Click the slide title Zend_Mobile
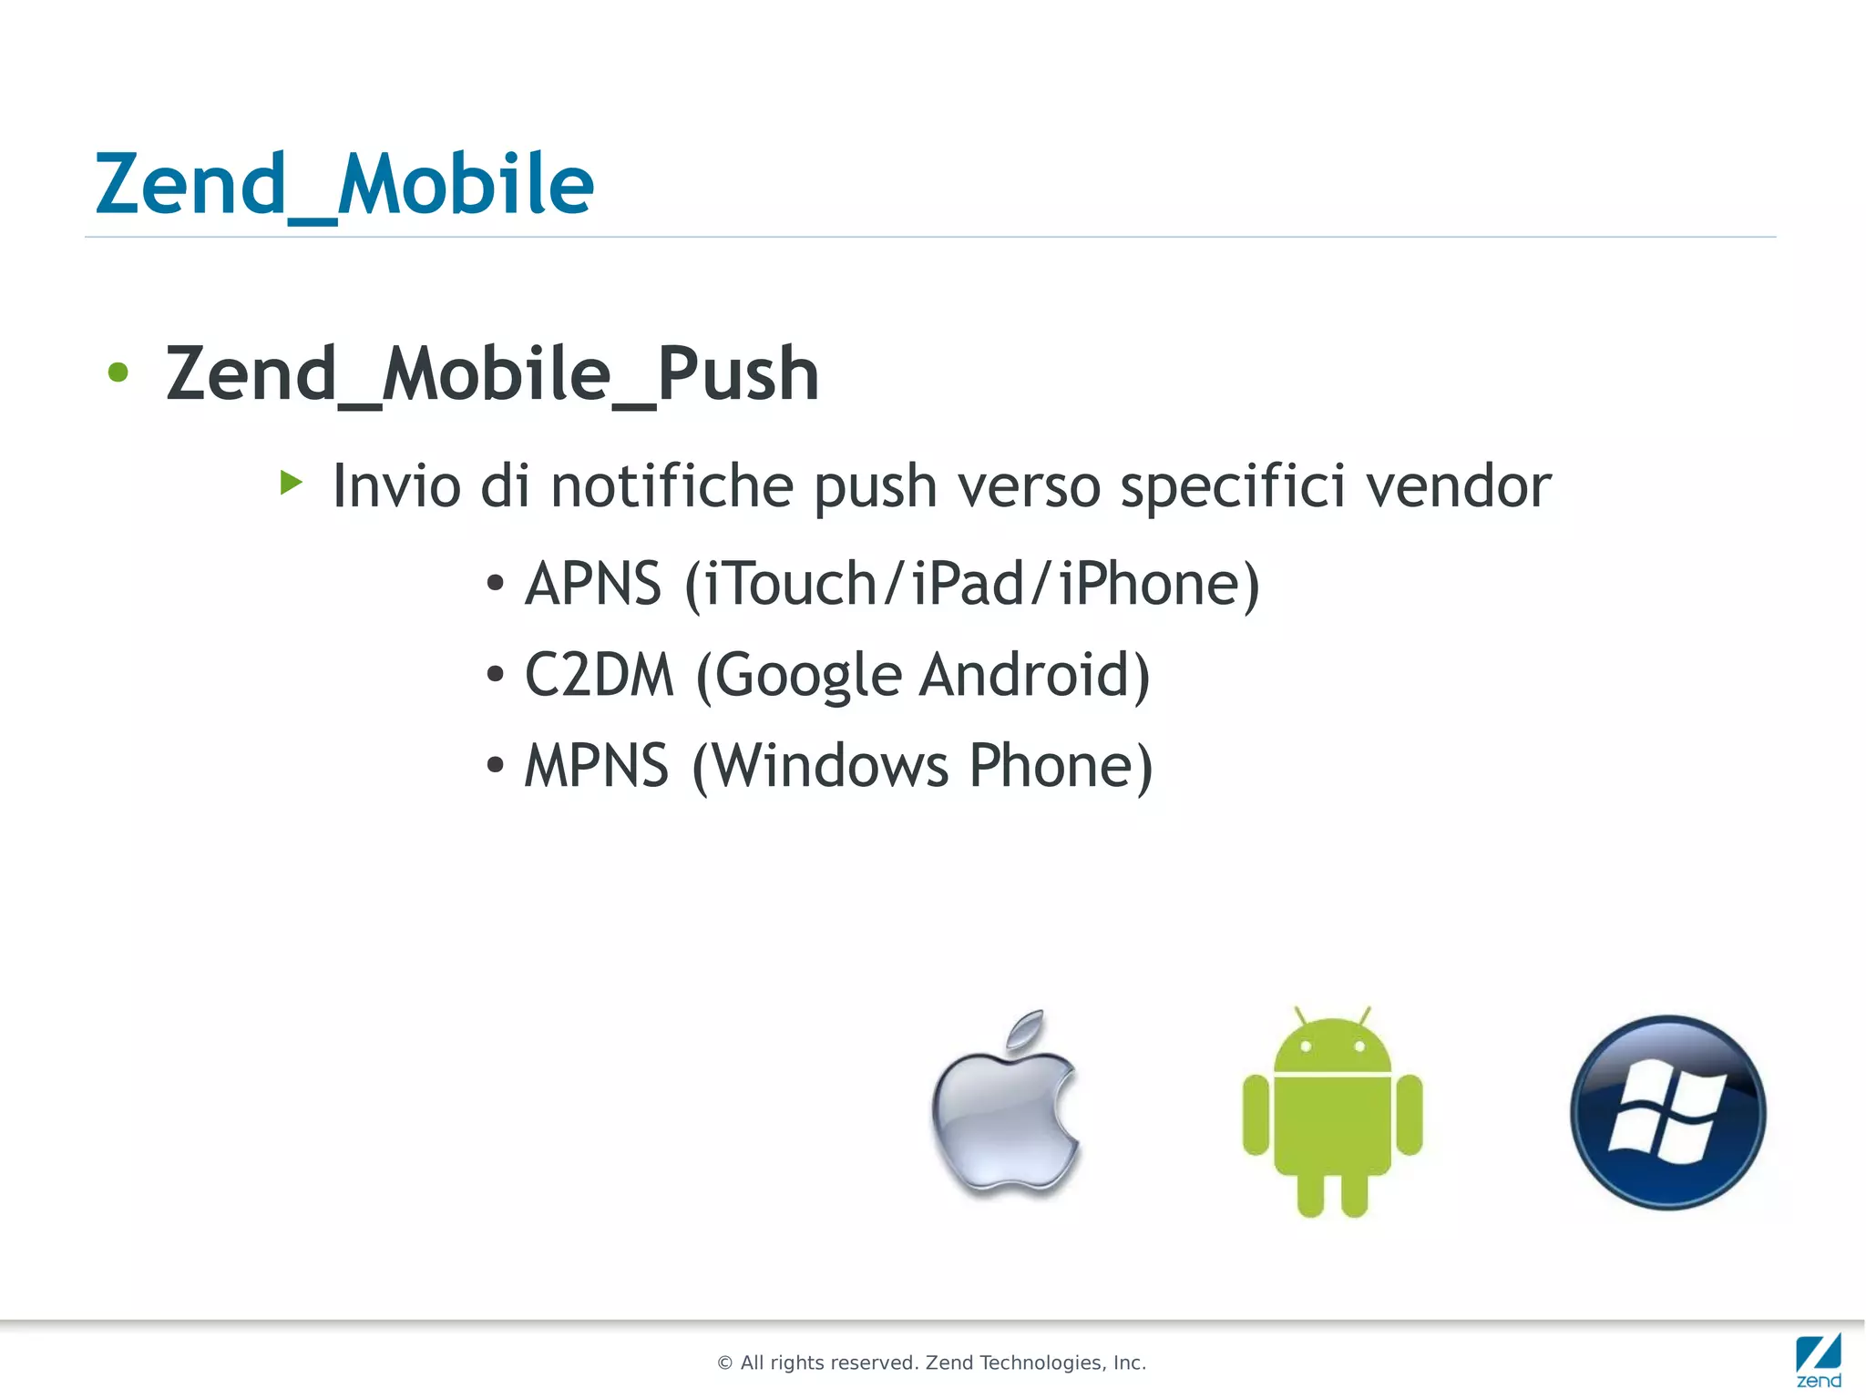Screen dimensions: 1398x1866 (x=344, y=185)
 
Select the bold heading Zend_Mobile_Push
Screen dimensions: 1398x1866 (x=492, y=374)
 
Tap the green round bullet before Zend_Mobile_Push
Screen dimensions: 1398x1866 (x=118, y=372)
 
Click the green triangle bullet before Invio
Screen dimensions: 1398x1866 (x=291, y=482)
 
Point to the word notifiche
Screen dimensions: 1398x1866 (x=672, y=485)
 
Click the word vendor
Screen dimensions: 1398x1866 (x=1459, y=485)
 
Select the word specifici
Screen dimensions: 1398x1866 (x=1233, y=485)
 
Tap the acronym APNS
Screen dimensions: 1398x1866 (x=593, y=584)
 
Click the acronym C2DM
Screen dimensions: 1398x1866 (x=599, y=675)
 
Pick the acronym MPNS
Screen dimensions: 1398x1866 (x=597, y=766)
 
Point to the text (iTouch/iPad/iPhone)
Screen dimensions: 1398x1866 (x=972, y=584)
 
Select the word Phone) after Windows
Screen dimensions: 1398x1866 (x=1061, y=766)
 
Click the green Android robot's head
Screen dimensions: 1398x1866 (x=1332, y=1047)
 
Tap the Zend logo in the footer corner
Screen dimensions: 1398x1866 (x=1819, y=1361)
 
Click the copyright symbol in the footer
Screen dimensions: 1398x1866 (x=725, y=1363)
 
